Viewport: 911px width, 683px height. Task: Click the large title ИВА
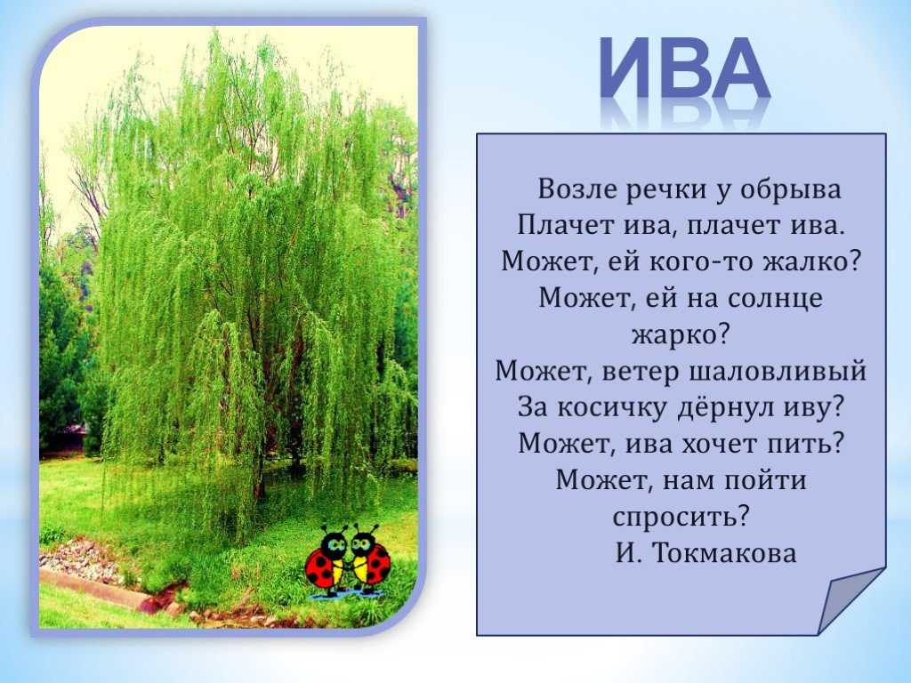point(686,68)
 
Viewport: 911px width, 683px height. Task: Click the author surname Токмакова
point(724,553)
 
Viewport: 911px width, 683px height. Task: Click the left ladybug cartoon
point(327,562)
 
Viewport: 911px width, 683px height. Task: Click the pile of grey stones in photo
point(81,559)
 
